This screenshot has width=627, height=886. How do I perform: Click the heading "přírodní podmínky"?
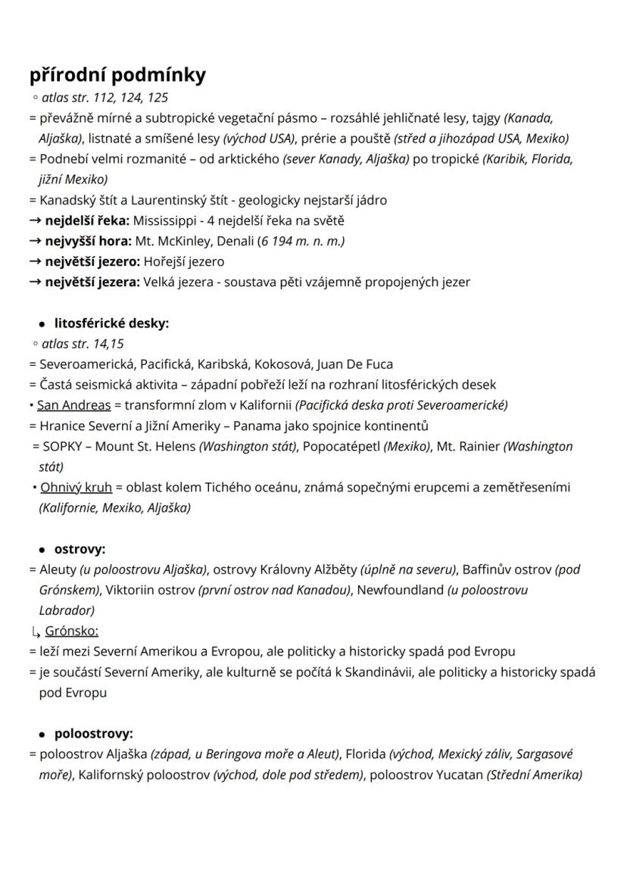click(117, 76)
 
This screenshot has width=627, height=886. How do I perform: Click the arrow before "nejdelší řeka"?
click(36, 221)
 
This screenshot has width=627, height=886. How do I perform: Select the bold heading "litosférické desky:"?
click(111, 323)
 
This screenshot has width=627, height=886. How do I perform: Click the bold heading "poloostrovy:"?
click(93, 734)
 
